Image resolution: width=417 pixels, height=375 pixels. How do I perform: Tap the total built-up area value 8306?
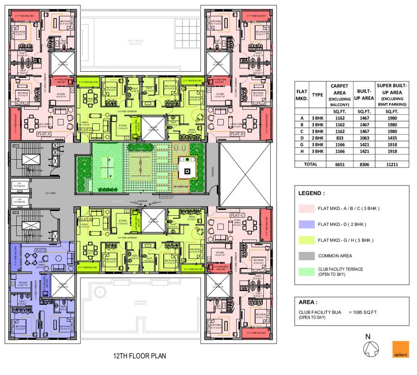pyautogui.click(x=365, y=165)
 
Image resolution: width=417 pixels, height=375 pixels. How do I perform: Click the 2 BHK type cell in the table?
pyautogui.click(x=318, y=138)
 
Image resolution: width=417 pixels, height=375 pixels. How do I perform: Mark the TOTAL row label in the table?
pyautogui.click(x=302, y=165)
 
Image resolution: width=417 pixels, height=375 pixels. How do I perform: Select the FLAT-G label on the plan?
pyautogui.click(x=86, y=131)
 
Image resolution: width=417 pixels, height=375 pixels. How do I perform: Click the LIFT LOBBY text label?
pyautogui.click(x=50, y=193)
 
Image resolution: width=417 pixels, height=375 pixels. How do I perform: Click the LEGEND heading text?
pyautogui.click(x=312, y=193)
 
